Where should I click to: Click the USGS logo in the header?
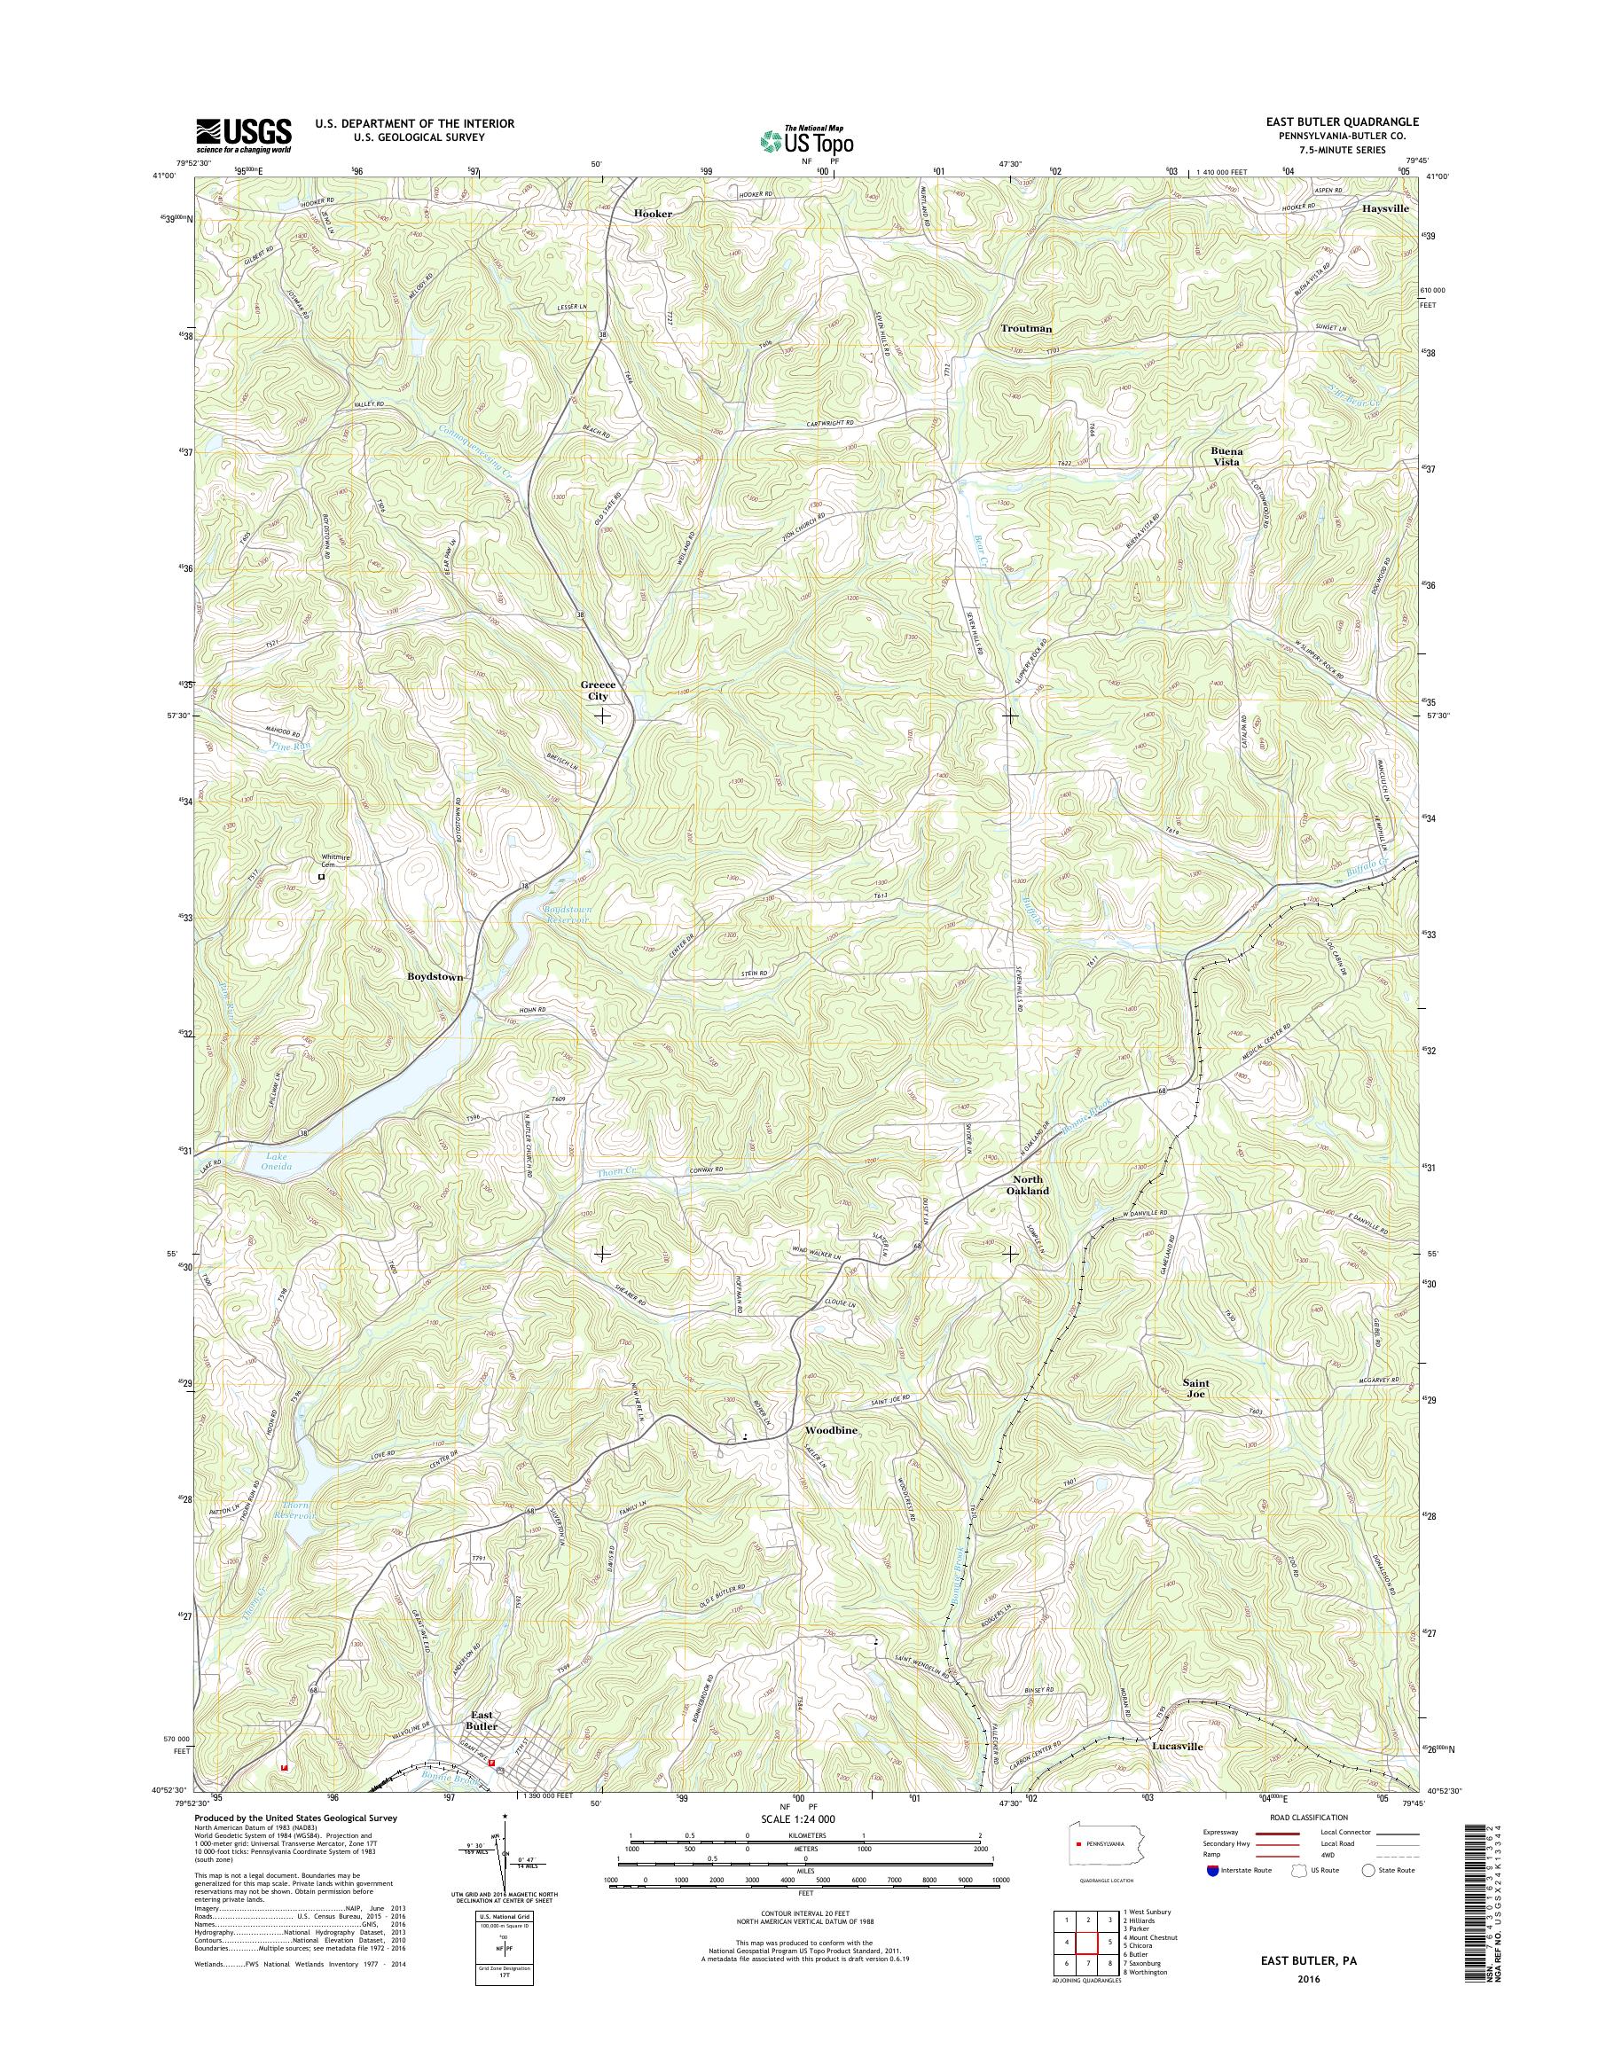point(243,135)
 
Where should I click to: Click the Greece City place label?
point(594,690)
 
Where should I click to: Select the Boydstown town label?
point(435,976)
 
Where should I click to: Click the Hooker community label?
point(653,214)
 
